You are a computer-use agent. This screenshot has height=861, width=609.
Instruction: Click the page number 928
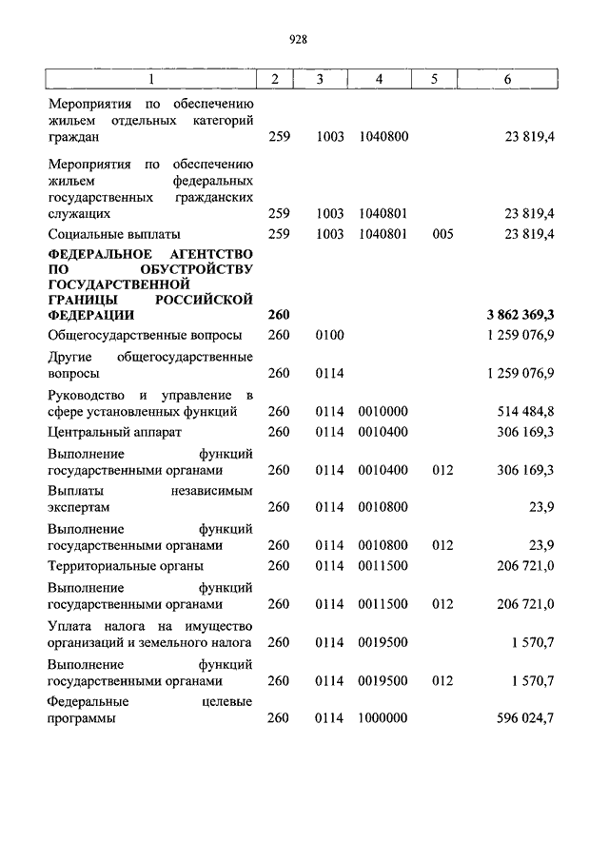pos(297,39)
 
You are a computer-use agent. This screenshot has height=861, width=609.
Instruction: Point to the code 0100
pos(330,335)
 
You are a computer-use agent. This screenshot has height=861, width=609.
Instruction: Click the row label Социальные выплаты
pos(114,234)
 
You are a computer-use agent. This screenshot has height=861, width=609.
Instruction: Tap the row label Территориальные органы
pos(125,566)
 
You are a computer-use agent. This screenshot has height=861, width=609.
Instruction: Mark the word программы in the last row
pos(82,719)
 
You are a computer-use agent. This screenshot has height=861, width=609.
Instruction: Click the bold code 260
pos(279,314)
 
